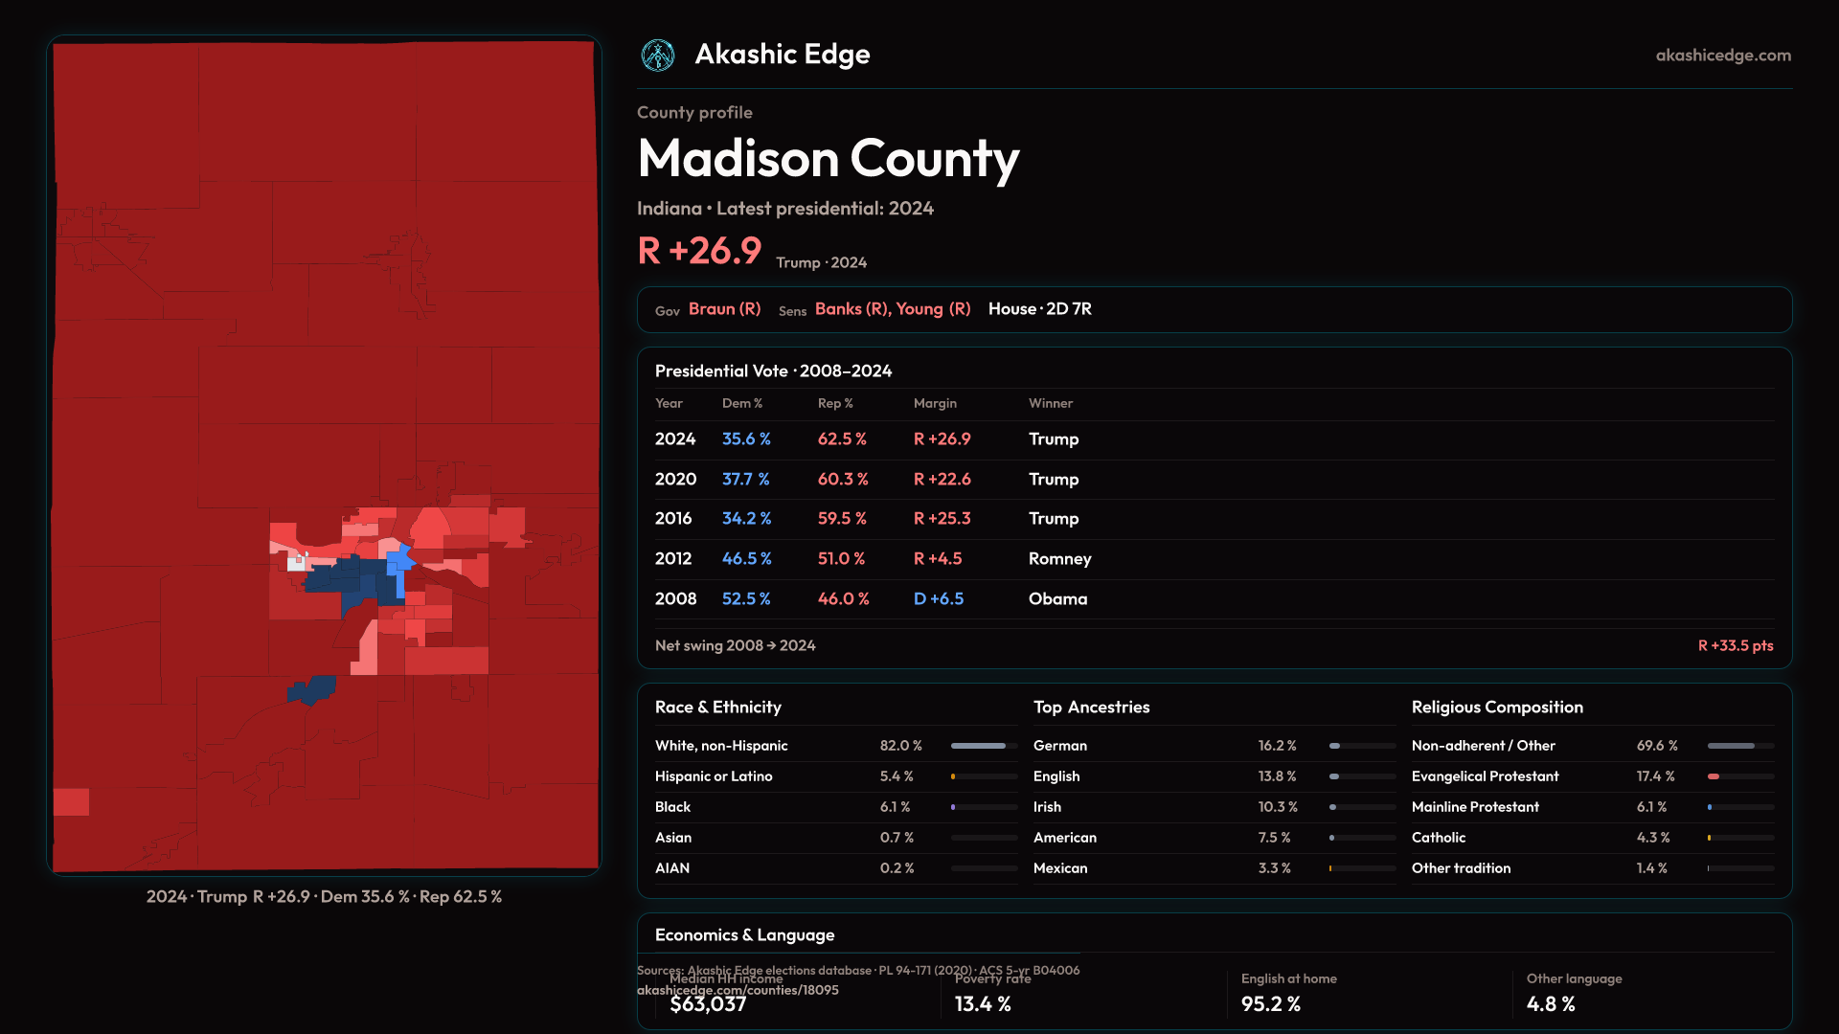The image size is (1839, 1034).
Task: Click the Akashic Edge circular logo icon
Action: click(658, 56)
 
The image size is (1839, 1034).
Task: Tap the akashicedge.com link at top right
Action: click(1723, 56)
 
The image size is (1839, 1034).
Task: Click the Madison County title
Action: click(829, 158)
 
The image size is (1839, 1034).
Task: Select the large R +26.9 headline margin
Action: click(699, 251)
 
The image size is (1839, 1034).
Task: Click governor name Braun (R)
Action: click(724, 309)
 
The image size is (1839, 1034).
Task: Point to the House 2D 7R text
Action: click(1039, 309)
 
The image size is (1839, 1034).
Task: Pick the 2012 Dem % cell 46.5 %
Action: click(746, 559)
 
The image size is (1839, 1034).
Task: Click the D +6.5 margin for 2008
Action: click(939, 599)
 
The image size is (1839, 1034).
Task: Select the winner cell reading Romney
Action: click(1059, 559)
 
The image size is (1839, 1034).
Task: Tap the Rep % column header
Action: click(834, 404)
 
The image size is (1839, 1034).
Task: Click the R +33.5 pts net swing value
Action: click(1735, 646)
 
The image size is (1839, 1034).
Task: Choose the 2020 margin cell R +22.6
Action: click(942, 480)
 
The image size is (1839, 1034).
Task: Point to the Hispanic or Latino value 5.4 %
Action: click(897, 776)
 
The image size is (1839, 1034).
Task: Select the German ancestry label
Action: click(1059, 746)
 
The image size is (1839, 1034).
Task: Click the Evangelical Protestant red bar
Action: click(1714, 776)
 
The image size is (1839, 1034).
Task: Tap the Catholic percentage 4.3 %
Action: click(1652, 838)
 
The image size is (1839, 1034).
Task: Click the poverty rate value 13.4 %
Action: click(983, 1004)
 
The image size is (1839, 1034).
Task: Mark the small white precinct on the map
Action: click(296, 563)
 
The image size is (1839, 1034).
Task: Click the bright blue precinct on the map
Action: click(397, 564)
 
